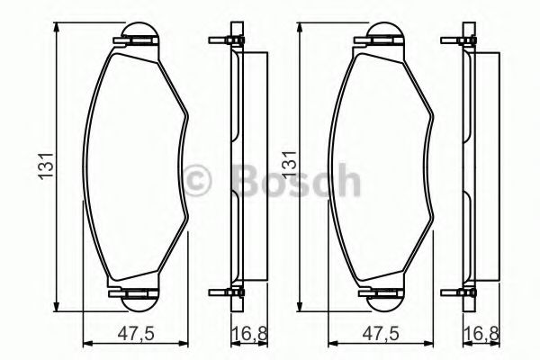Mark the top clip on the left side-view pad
228,40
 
